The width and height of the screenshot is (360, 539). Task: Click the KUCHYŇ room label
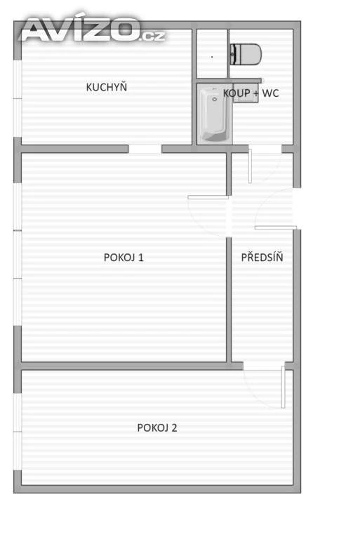tap(106, 86)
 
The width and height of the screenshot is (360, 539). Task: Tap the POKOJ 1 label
tap(124, 257)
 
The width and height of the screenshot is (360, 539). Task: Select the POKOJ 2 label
tap(156, 427)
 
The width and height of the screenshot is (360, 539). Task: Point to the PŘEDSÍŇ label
tap(262, 257)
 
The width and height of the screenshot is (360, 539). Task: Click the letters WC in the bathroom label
tap(270, 93)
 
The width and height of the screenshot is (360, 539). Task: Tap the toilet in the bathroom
tap(246, 54)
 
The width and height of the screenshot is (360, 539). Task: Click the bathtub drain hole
tap(215, 100)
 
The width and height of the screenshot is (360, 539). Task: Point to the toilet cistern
tap(233, 54)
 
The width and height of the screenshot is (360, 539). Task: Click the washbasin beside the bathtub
tap(246, 93)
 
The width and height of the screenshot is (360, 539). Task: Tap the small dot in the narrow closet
tap(212, 57)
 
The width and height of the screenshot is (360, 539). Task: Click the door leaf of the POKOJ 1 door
tap(208, 197)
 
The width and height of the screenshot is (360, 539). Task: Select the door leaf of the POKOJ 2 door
tap(283, 387)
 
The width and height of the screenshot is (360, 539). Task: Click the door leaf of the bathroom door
tap(250, 166)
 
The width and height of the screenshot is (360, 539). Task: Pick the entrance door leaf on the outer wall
tap(275, 227)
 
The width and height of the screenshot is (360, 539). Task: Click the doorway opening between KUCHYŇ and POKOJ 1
tap(145, 149)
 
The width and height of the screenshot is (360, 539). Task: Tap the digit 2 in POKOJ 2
tap(174, 427)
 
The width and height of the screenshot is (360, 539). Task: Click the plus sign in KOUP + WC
tap(256, 93)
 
